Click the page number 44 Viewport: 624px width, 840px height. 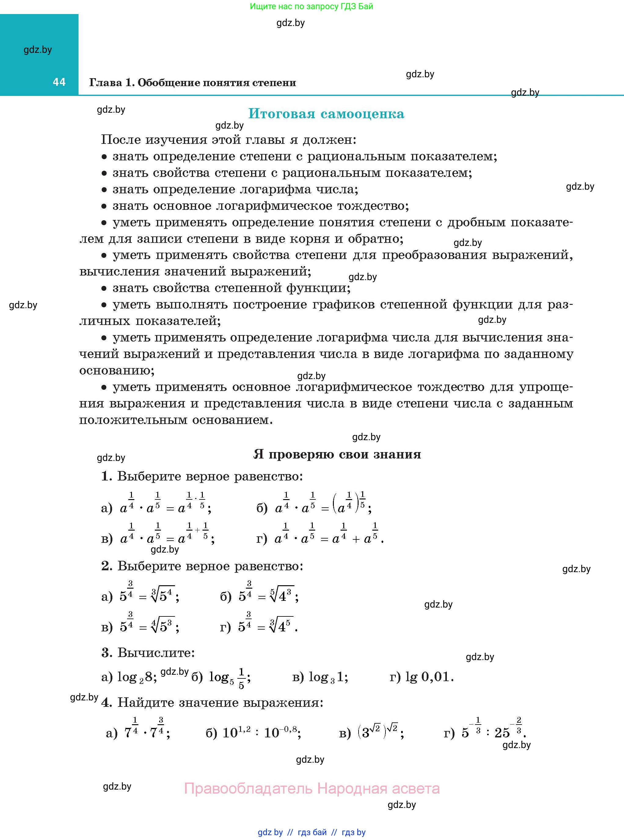59,82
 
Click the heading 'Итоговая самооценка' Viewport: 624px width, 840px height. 326,114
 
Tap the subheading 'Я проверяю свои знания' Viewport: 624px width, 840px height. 337,454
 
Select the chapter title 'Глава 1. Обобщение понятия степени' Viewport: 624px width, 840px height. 192,83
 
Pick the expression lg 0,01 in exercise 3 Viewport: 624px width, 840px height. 429,677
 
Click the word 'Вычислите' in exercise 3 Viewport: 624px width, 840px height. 156,653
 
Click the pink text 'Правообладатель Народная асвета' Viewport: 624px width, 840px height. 312,789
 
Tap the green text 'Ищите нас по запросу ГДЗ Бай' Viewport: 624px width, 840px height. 311,6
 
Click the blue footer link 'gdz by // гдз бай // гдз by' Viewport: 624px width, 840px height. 311,832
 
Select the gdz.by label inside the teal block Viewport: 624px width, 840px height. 38,50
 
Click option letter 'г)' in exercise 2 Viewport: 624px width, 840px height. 225,627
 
